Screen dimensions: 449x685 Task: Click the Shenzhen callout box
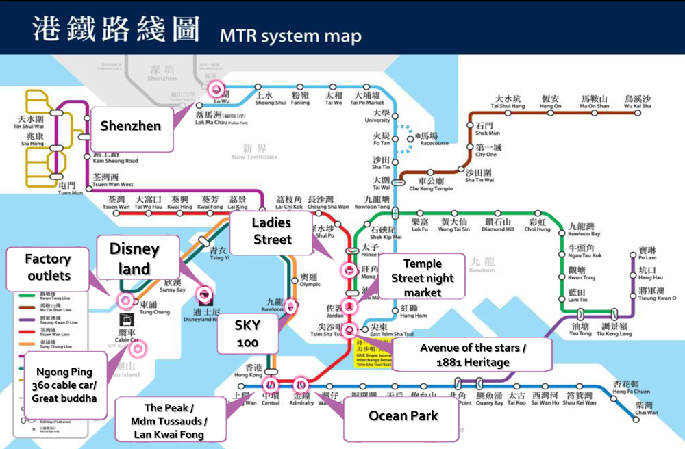(x=131, y=127)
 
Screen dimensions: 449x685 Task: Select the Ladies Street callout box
(x=272, y=231)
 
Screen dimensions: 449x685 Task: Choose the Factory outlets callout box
(x=49, y=267)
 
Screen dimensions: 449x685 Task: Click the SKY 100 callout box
(x=247, y=333)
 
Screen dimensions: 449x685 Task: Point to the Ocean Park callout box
(x=403, y=416)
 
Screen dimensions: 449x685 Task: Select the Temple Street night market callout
(x=422, y=278)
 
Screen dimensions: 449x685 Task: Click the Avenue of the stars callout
(x=473, y=355)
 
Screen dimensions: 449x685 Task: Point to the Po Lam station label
(x=647, y=254)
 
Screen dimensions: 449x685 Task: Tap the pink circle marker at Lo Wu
(x=217, y=88)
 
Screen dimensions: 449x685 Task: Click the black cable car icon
(x=126, y=320)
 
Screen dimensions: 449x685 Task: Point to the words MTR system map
(x=290, y=36)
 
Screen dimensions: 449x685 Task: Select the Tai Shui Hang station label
(x=508, y=103)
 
